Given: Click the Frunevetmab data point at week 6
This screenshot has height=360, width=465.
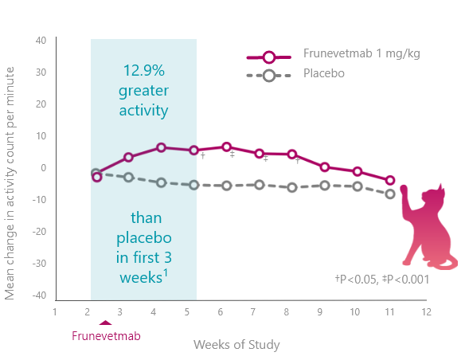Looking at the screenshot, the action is pyautogui.click(x=227, y=147).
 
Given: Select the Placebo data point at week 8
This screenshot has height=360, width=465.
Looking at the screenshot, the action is pyautogui.click(x=292, y=187).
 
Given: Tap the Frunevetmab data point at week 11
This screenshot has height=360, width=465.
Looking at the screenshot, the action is pyautogui.click(x=390, y=180).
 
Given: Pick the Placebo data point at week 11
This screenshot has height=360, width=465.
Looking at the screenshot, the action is pyautogui.click(x=390, y=194).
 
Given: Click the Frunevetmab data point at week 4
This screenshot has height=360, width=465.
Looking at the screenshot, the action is pyautogui.click(x=161, y=147).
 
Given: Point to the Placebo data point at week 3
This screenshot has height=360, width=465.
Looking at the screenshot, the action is pyautogui.click(x=128, y=178).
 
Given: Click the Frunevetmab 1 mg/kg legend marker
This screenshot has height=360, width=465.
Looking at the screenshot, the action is pyautogui.click(x=268, y=57).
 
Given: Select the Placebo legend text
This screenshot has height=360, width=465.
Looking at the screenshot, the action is pyautogui.click(x=324, y=73).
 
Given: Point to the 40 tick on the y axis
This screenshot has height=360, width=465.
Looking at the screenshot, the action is pyautogui.click(x=41, y=41).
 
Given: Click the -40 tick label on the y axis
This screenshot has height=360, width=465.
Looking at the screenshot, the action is pyautogui.click(x=40, y=295).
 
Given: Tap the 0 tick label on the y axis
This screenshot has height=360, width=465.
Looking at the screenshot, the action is pyautogui.click(x=44, y=168).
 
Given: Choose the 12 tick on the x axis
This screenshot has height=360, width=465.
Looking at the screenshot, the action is pyautogui.click(x=427, y=312).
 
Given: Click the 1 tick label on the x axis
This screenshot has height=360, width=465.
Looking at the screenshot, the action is pyautogui.click(x=55, y=312).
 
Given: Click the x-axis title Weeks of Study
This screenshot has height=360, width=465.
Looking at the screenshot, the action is pyautogui.click(x=236, y=345).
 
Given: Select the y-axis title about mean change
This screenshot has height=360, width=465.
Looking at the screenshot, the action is pyautogui.click(x=10, y=183).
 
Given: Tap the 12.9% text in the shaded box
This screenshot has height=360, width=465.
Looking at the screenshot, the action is pyautogui.click(x=144, y=71).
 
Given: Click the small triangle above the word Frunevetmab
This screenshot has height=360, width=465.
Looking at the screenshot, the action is pyautogui.click(x=105, y=323).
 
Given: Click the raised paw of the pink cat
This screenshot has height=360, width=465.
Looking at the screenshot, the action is pyautogui.click(x=404, y=190).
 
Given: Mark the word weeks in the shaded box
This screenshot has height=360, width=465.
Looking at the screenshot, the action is pyautogui.click(x=141, y=277).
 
